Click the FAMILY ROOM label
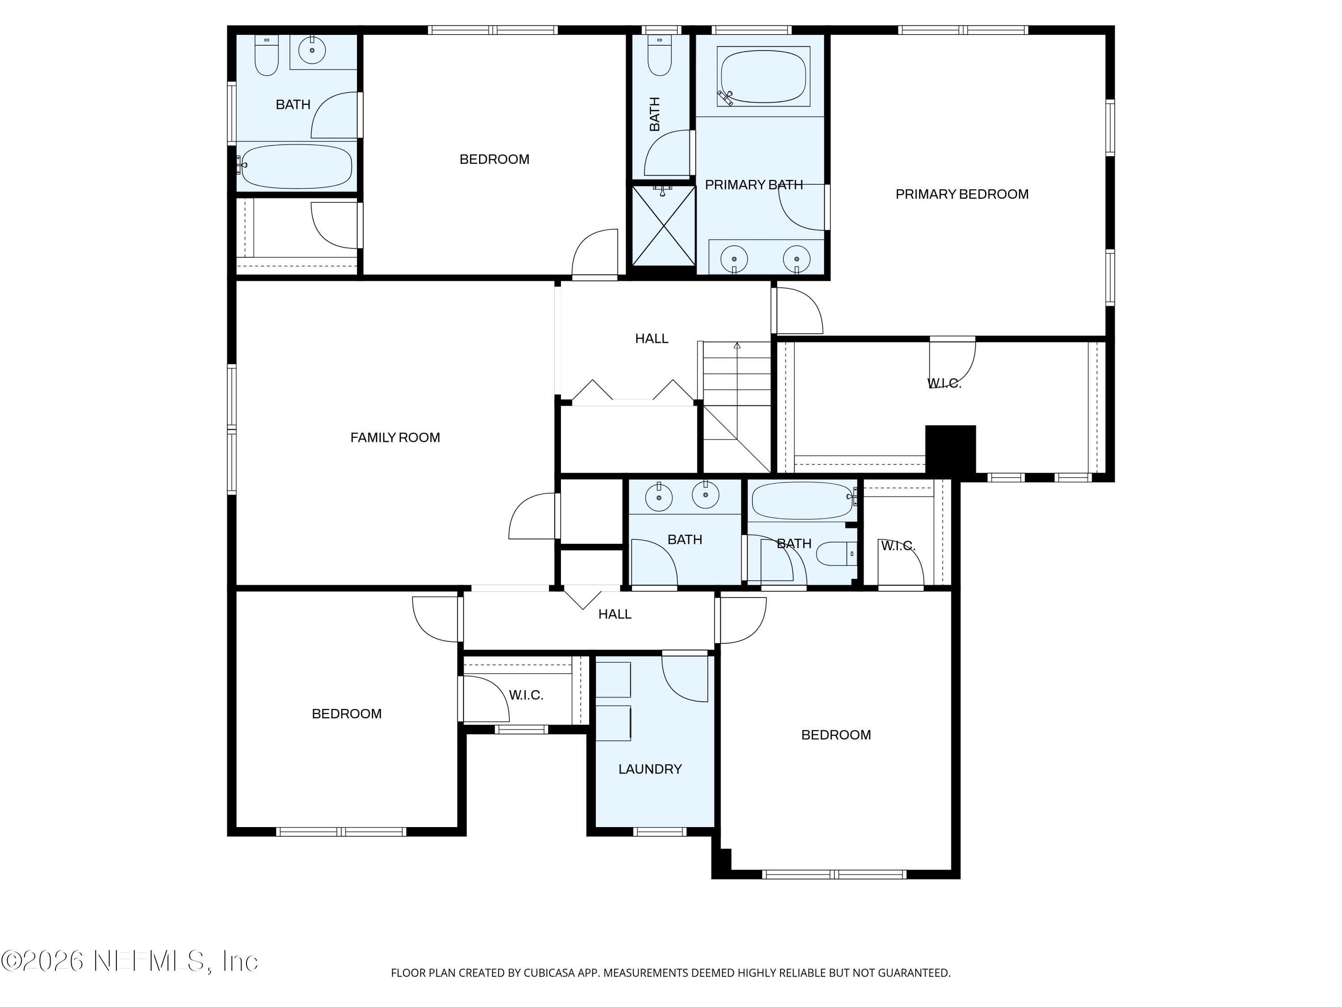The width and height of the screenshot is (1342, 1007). click(x=395, y=438)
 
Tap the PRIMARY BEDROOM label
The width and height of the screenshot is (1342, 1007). click(x=962, y=194)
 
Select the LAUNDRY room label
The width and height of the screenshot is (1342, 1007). click(x=650, y=769)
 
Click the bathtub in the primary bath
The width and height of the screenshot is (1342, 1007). click(x=763, y=77)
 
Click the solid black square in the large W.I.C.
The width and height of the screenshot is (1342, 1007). click(x=950, y=449)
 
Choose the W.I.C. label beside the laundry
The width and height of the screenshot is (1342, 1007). click(x=526, y=695)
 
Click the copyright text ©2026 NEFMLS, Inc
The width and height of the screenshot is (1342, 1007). click(x=129, y=961)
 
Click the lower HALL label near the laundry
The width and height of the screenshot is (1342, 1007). click(x=615, y=614)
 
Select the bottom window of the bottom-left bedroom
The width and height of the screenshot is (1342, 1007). click(x=341, y=832)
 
